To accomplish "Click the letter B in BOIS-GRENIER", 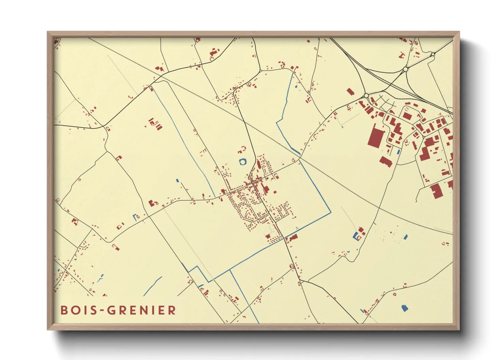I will click(64, 310).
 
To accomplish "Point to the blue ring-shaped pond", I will click(242, 162).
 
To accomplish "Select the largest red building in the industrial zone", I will click(376, 136).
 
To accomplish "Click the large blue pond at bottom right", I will click(405, 308).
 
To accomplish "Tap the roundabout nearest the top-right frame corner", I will click(432, 54).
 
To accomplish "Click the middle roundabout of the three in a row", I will click(405, 69).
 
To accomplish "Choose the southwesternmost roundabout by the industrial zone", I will click(366, 96).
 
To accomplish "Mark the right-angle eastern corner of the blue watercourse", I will click(330, 213).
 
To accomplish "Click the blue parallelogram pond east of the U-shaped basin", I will click(405, 237).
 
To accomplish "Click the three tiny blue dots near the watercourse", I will click(297, 228).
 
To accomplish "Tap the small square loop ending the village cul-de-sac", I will click(250, 226).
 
